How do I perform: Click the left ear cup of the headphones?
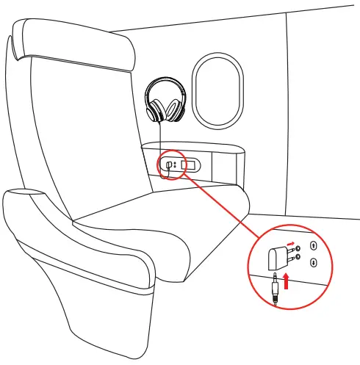(156, 110)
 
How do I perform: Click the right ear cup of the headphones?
(175, 111)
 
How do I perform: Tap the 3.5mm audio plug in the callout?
(275, 289)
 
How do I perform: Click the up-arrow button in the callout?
(314, 246)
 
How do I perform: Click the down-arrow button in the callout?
(314, 262)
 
